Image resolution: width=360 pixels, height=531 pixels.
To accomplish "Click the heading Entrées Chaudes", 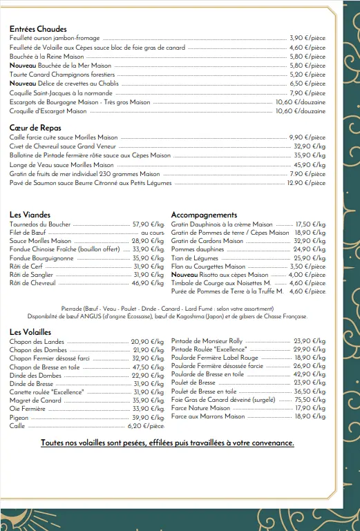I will pos(38,29).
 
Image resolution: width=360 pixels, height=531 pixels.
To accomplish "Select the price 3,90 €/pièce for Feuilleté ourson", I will pos(307,38).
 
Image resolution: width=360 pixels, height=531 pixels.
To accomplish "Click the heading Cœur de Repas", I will pos(35,128).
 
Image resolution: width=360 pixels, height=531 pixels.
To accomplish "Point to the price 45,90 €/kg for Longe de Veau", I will pos(310,165).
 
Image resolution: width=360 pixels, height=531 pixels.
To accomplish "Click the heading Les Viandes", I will pos(30,215).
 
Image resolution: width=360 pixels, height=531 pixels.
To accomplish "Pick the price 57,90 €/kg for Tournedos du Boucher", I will pos(148,224).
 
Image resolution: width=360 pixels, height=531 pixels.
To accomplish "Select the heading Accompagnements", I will pos(204,215).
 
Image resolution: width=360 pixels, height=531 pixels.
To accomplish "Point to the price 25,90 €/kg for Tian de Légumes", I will pos(310,258).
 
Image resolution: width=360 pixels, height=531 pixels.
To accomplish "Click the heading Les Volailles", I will pos(30,332).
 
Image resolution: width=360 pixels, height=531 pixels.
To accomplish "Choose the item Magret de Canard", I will pos(35,400).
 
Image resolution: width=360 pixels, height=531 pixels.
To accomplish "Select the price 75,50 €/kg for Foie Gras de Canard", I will pos(310,399).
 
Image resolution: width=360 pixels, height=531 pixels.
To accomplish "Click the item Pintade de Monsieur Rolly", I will pos(207,341).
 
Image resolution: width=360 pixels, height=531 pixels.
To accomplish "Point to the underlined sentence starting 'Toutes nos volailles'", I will pos(167,443).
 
